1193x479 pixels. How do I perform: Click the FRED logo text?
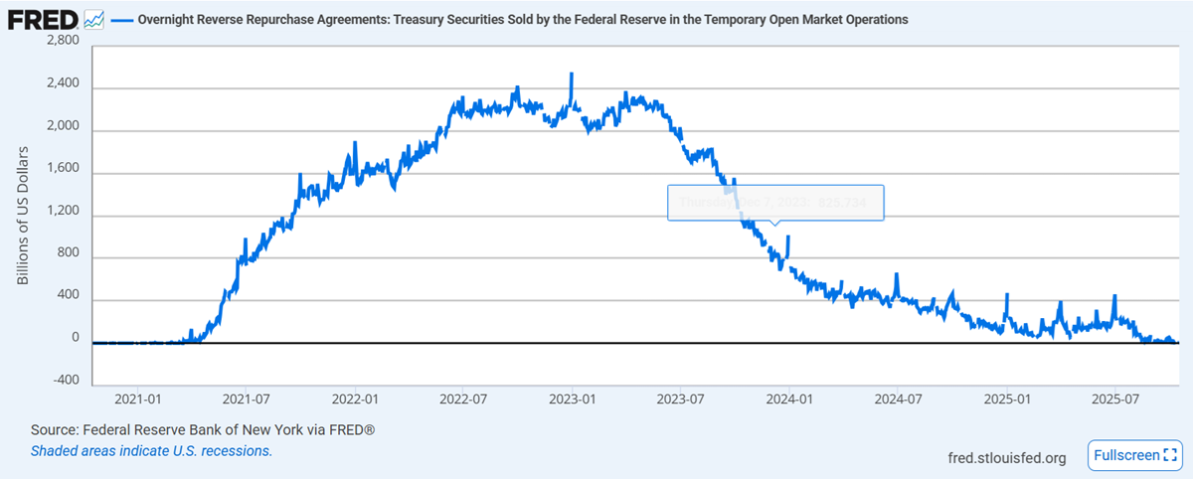pyautogui.click(x=43, y=18)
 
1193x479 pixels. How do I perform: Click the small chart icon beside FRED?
pyautogui.click(x=94, y=18)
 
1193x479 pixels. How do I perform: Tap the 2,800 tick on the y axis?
pyautogui.click(x=63, y=40)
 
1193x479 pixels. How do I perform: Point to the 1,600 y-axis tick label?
pyautogui.click(x=63, y=173)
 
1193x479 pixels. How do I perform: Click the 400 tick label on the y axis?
pyautogui.click(x=68, y=300)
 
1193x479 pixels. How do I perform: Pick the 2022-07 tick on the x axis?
pyautogui.click(x=463, y=400)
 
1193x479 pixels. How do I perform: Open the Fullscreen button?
pyautogui.click(x=1133, y=455)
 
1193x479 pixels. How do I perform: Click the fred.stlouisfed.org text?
pyautogui.click(x=1008, y=458)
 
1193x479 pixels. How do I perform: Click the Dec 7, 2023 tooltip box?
pyautogui.click(x=774, y=202)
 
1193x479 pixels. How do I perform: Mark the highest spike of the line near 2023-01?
pyautogui.click(x=571, y=74)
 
